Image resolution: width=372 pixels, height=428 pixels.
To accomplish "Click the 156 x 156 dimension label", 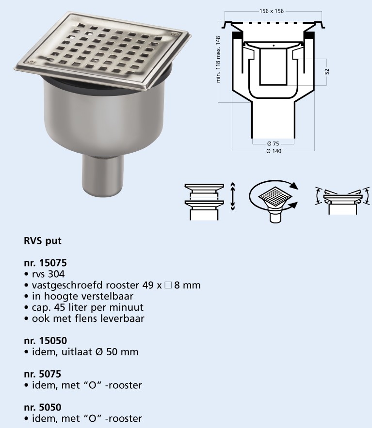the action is [272, 11].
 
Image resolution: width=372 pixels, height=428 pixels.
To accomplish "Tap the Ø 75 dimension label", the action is [273, 143].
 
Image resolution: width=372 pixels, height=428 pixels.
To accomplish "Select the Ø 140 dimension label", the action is [274, 151].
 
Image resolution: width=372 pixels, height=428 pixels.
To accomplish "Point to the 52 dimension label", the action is [327, 72].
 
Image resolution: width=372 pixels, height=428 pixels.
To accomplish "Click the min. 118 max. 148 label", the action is [218, 59].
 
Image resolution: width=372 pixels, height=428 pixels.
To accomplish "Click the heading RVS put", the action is [43, 241].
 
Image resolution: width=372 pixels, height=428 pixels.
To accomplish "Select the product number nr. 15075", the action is [45, 263].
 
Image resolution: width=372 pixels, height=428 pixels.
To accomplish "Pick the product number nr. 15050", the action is [45, 341].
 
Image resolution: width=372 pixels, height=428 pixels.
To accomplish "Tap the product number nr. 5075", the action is [42, 374].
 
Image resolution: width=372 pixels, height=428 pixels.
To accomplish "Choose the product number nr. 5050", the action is [42, 407].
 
